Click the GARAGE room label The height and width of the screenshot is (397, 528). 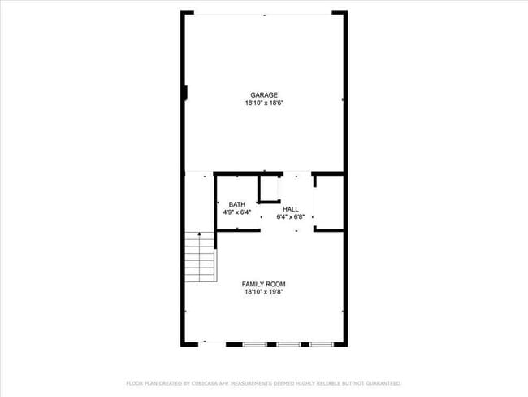pyautogui.click(x=264, y=95)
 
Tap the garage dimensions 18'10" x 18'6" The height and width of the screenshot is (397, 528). pyautogui.click(x=264, y=103)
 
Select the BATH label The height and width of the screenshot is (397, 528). pyautogui.click(x=237, y=204)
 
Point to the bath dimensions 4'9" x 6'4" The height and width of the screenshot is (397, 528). pyautogui.click(x=237, y=212)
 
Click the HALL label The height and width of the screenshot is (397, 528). pyautogui.click(x=290, y=209)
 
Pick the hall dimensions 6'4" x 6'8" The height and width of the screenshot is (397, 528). pyautogui.click(x=290, y=217)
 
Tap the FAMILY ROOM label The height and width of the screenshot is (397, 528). pyautogui.click(x=264, y=284)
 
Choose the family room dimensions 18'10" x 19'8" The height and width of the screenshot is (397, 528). pyautogui.click(x=264, y=292)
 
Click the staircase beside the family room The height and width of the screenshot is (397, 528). pyautogui.click(x=199, y=256)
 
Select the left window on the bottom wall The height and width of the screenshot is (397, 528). pyautogui.click(x=255, y=344)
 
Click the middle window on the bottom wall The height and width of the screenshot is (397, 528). pyautogui.click(x=288, y=344)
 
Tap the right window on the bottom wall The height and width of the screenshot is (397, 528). pyautogui.click(x=321, y=344)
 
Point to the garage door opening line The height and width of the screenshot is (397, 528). pyautogui.click(x=264, y=13)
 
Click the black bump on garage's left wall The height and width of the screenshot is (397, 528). pyautogui.click(x=186, y=94)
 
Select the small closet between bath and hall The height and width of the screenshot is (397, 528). pyautogui.click(x=269, y=189)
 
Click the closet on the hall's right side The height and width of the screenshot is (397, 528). pyautogui.click(x=327, y=202)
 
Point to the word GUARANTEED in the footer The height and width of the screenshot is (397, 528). pyautogui.click(x=382, y=382)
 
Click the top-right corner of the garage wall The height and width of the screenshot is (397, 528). pyautogui.click(x=347, y=12)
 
